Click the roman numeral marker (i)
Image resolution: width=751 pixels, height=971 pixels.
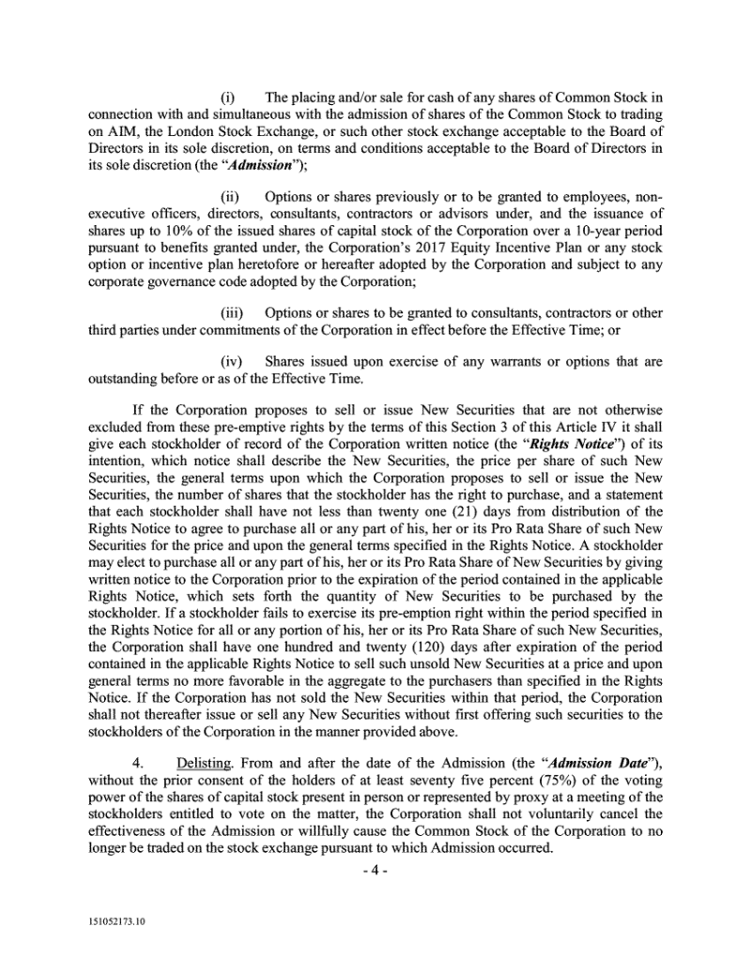227,98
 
